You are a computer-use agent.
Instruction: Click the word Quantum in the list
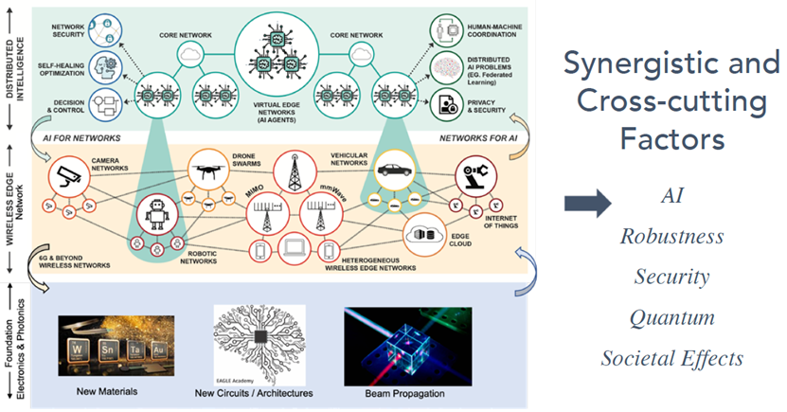(671, 317)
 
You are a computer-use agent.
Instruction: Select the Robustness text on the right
(671, 236)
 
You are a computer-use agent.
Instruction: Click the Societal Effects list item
(671, 359)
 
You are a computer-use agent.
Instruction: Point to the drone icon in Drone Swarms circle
(209, 170)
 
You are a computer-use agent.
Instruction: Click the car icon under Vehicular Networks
(391, 173)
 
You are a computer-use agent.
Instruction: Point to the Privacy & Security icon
(446, 102)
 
